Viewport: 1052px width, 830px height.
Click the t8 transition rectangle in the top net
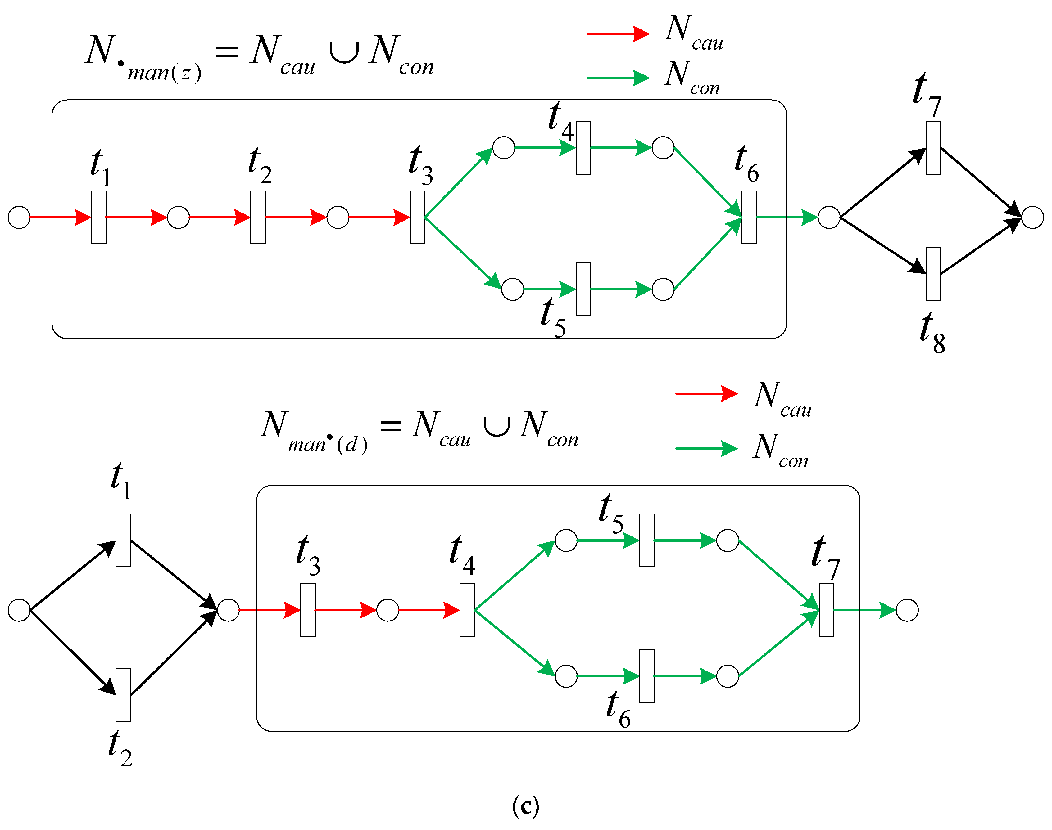coord(933,274)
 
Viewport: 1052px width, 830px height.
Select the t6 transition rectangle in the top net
coord(749,217)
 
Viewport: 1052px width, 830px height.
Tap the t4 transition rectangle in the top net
coord(583,148)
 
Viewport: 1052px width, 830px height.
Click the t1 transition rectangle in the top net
coord(99,217)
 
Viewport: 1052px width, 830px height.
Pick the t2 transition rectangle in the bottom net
coord(123,695)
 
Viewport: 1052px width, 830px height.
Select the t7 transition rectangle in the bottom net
coord(826,610)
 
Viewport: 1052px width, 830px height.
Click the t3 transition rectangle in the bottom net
coord(308,610)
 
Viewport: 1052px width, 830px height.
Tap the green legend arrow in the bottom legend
coord(706,448)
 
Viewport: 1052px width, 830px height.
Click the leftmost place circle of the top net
coord(19,217)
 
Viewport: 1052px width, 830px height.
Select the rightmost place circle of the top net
coord(1032,217)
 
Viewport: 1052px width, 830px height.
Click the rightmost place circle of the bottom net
coord(907,610)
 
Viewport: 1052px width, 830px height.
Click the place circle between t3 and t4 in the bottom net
coord(388,610)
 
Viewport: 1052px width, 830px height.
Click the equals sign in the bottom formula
coord(391,427)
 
